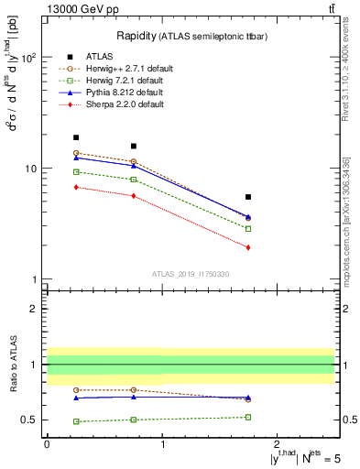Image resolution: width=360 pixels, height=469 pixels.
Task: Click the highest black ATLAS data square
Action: [x=76, y=137]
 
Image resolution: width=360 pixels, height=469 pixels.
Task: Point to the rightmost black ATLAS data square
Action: [x=248, y=197]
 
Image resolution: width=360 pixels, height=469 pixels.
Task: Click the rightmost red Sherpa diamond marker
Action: [x=248, y=247]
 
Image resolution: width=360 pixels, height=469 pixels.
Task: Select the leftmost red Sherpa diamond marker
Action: [x=76, y=187]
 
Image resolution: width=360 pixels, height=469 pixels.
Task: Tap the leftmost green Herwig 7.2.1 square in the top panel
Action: [x=76, y=172]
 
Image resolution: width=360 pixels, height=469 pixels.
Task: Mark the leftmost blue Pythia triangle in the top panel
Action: [x=76, y=158]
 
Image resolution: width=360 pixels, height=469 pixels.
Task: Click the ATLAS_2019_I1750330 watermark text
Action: [x=191, y=274]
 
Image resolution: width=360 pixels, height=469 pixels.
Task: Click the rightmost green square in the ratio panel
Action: [x=248, y=417]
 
